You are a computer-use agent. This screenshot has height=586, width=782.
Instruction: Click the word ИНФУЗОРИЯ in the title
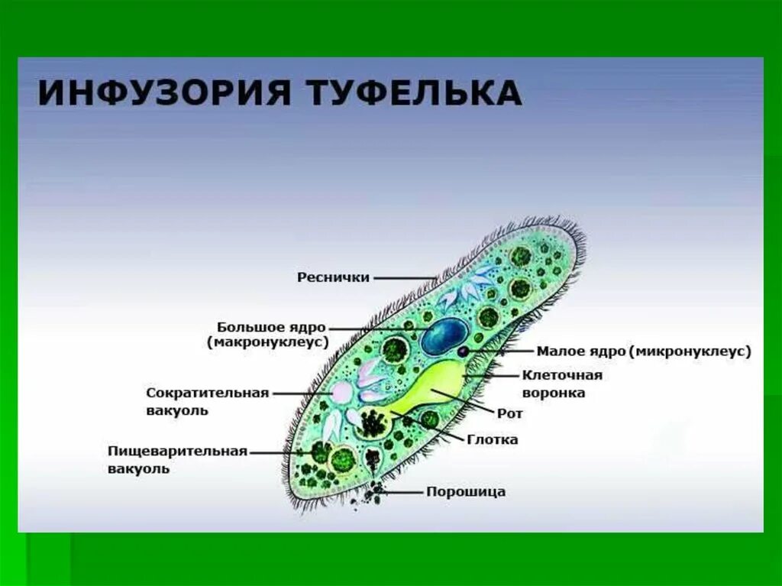(x=160, y=93)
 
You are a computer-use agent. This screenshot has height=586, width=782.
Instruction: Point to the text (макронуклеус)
(x=267, y=343)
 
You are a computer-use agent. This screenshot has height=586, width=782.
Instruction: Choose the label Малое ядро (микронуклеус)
(x=644, y=351)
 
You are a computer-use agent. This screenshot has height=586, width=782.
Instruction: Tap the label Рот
(x=509, y=413)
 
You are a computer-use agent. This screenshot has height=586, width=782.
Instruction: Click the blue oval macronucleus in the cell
(x=444, y=336)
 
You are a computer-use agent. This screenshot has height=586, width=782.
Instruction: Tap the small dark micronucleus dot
(x=464, y=351)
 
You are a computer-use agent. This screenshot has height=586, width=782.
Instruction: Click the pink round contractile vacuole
(x=341, y=393)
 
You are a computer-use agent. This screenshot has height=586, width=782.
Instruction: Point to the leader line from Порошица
(x=402, y=492)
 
